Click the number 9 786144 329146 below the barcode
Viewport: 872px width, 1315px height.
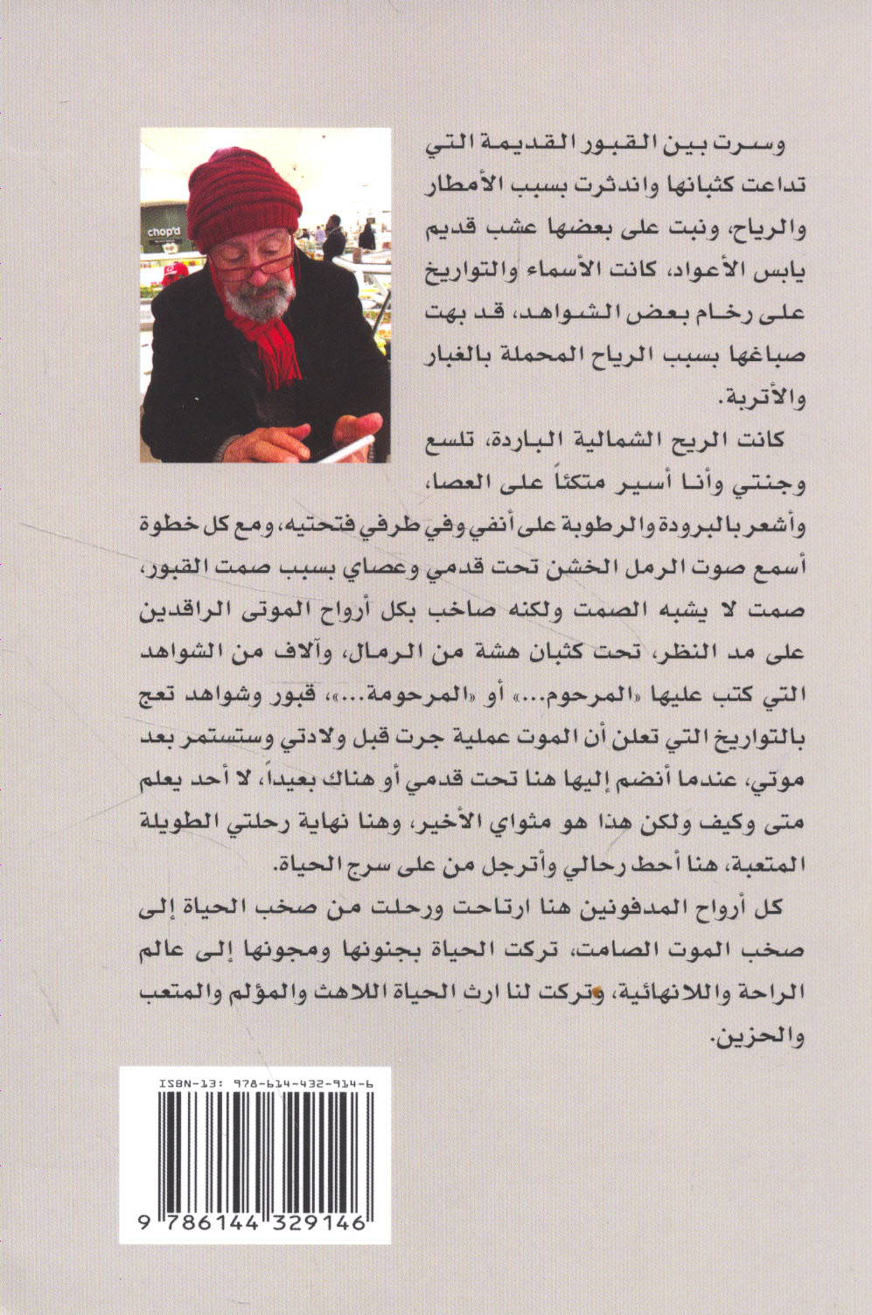point(255,1224)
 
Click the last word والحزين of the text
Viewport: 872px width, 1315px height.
point(762,1037)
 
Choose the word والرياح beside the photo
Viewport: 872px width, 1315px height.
point(769,230)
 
